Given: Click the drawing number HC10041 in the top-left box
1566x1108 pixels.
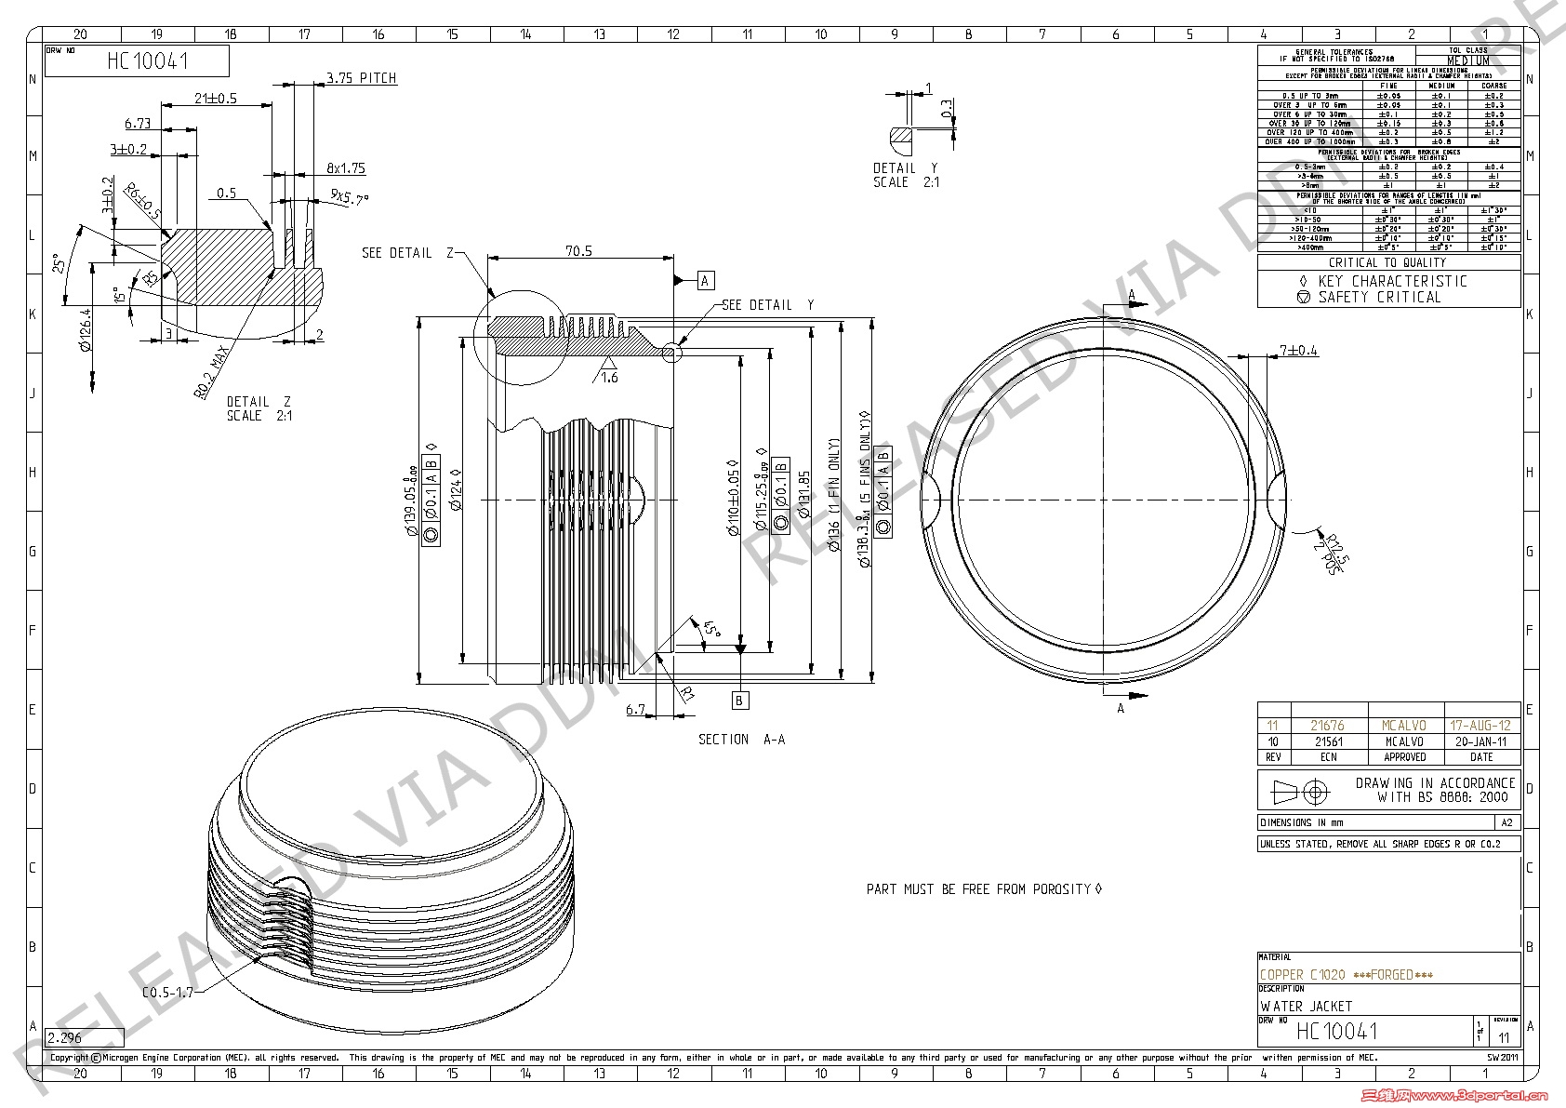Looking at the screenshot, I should click(148, 61).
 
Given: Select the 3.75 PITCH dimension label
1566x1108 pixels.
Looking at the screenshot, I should click(361, 78).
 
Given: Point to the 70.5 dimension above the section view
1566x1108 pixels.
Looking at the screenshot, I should click(578, 251).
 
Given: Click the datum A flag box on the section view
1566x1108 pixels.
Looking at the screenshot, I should click(705, 280).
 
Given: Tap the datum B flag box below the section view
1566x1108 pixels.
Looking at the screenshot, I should click(740, 700).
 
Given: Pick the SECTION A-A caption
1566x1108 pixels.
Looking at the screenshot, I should click(742, 740).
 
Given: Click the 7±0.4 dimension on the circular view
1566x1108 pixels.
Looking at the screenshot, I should click(1299, 351).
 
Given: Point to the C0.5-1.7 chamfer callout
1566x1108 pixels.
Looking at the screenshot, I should click(167, 992).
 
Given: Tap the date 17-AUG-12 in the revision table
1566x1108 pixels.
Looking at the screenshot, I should click(1480, 726).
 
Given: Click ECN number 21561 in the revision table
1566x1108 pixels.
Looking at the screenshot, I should click(1328, 741).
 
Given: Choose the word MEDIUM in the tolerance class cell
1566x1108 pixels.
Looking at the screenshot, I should click(1467, 60).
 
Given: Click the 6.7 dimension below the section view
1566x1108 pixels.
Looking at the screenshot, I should click(636, 709).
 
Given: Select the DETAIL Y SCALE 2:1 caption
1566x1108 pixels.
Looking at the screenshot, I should click(906, 175).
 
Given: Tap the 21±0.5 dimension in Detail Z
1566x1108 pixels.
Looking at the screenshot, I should click(216, 98).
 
